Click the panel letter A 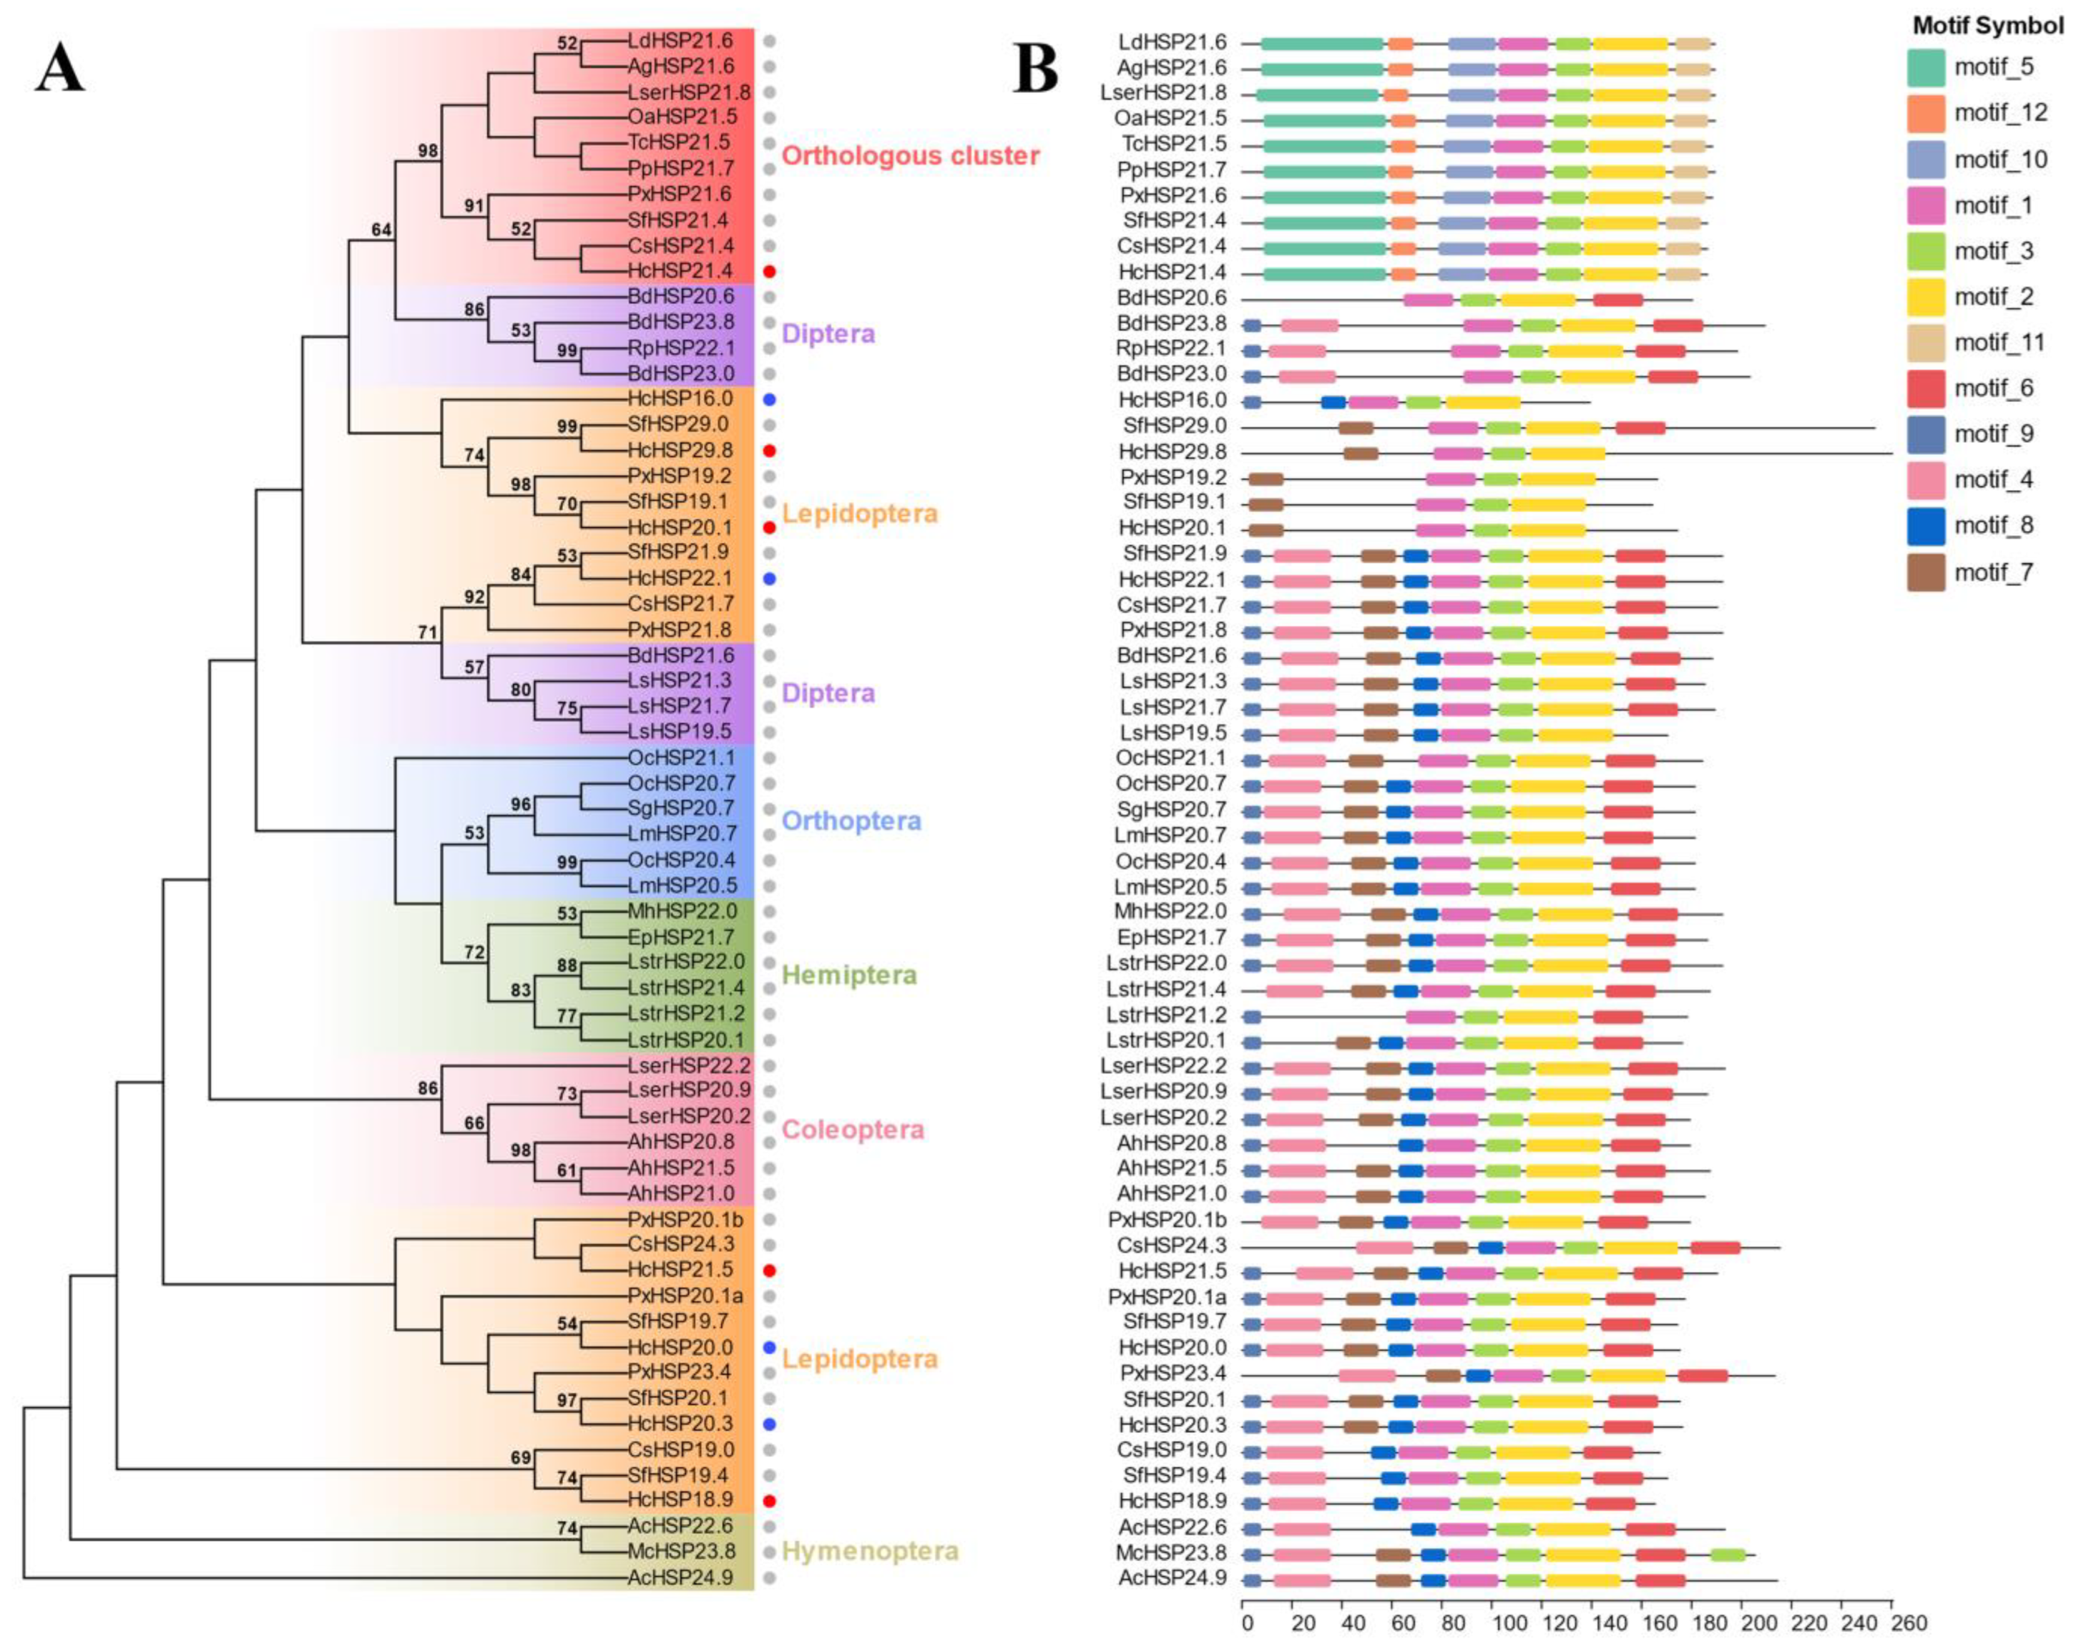point(60,69)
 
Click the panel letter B point(1035,69)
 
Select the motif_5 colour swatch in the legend point(1926,67)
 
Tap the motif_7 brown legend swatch point(1926,572)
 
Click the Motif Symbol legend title point(1986,26)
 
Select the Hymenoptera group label point(870,1551)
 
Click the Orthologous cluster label point(910,156)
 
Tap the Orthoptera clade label point(851,821)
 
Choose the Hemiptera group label point(848,975)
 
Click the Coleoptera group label point(852,1129)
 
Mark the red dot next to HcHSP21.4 point(769,271)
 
